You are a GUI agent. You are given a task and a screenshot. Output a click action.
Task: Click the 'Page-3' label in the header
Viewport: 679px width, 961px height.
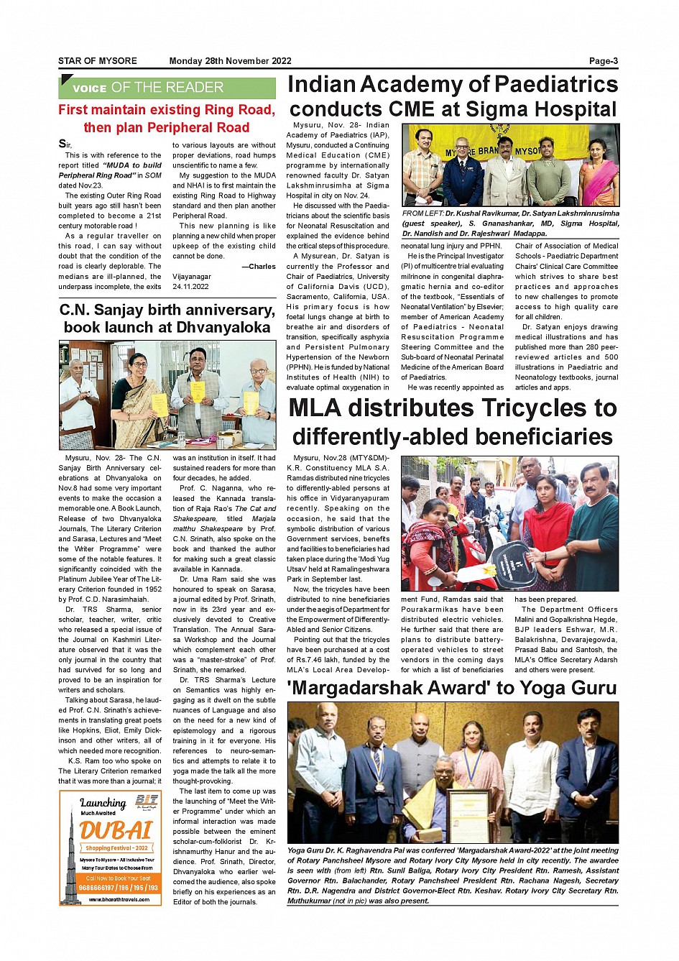tap(603, 61)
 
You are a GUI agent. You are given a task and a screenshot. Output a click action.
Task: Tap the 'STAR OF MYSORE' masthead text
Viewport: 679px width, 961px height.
tap(97, 61)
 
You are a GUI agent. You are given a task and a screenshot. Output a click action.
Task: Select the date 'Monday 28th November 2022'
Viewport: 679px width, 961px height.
tap(230, 61)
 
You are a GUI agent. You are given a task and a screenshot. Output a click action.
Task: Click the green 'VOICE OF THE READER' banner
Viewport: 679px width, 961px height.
tap(167, 88)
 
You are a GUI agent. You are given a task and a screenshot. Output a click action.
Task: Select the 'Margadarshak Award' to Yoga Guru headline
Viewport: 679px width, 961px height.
tap(451, 688)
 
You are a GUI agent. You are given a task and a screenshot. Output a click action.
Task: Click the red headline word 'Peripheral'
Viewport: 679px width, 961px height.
tap(167, 128)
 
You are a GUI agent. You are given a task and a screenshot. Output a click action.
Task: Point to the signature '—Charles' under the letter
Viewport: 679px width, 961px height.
tap(259, 267)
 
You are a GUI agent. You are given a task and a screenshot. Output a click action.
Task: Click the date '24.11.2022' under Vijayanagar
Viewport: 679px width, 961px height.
tap(190, 286)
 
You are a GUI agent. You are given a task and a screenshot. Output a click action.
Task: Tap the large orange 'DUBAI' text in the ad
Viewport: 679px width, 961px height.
tap(116, 831)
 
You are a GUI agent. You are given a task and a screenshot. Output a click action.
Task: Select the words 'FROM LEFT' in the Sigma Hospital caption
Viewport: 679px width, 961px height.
tap(422, 213)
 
